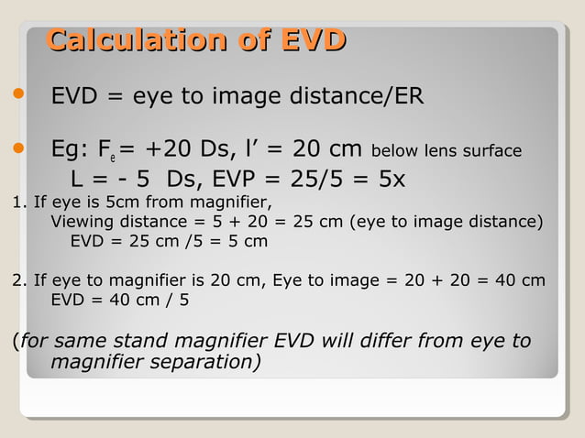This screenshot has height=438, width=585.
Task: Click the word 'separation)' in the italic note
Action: coord(202,363)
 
